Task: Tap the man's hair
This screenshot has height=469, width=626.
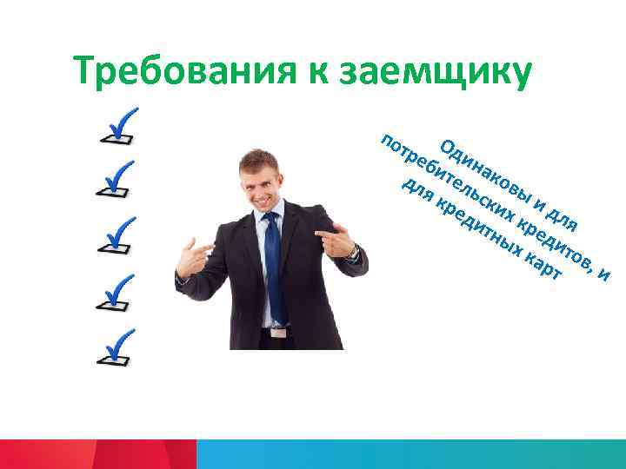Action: click(x=260, y=158)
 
